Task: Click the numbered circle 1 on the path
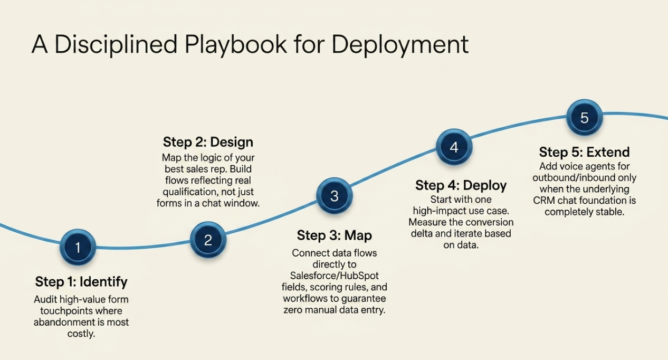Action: coord(78,247)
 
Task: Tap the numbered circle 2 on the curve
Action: coord(208,240)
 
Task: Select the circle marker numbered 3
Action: coord(334,196)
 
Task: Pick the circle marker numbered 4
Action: coord(454,147)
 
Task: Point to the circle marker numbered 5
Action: coord(584,117)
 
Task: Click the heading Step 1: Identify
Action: coord(81,281)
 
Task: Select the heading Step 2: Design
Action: coord(208,142)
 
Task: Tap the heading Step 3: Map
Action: coord(334,235)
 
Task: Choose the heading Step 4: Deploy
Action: coord(461,185)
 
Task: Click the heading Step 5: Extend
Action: coord(584,153)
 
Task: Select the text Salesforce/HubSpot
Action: coord(335,276)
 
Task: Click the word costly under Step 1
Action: coord(81,334)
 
